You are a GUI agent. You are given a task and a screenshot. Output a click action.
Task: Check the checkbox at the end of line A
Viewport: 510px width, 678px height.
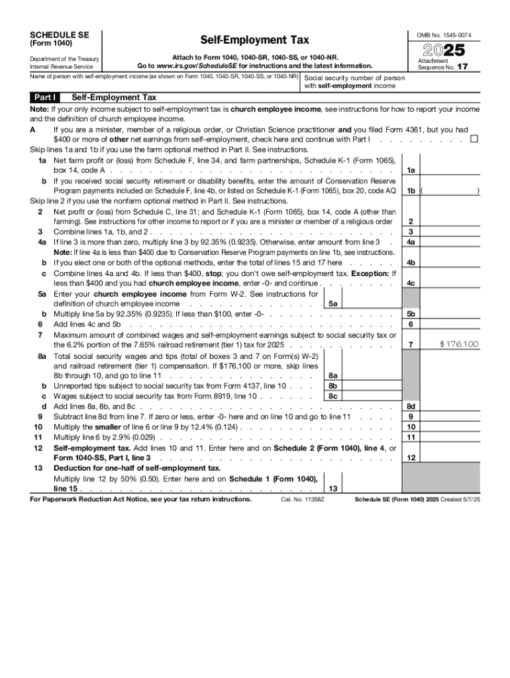(474, 139)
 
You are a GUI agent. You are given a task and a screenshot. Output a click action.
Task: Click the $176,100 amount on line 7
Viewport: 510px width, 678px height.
(459, 344)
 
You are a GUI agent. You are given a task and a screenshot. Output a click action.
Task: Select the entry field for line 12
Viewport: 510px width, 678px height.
(450, 457)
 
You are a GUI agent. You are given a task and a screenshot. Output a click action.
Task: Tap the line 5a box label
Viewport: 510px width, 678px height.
(332, 303)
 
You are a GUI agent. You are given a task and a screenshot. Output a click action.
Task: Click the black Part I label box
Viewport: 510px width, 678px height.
(46, 97)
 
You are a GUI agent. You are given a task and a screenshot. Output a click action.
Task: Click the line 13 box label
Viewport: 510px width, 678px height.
(332, 488)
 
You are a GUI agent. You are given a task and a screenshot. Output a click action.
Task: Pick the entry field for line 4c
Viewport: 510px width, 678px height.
(450, 284)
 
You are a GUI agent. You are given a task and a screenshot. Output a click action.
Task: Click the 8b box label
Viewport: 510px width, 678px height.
(332, 385)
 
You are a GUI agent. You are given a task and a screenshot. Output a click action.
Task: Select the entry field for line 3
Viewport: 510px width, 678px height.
(450, 231)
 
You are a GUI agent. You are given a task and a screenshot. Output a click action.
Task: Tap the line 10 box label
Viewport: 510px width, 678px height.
(411, 427)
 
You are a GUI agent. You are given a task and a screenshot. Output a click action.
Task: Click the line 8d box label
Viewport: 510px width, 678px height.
(411, 406)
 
